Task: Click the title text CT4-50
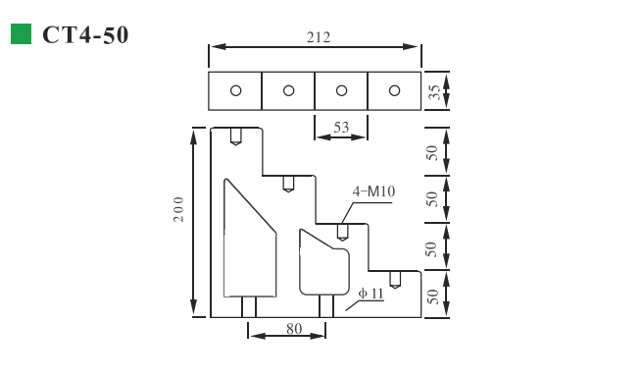coord(85,35)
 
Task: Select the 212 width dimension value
coord(318,38)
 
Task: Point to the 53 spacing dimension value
coord(341,127)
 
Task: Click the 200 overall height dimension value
coord(178,208)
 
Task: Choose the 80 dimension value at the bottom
coord(293,329)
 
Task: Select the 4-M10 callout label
coord(373,191)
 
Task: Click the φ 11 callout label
coord(371,294)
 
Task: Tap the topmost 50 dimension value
coord(432,151)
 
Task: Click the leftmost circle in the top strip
coord(235,91)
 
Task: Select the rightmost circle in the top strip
coord(394,91)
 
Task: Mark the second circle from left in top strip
coord(288,91)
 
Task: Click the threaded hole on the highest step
coord(235,136)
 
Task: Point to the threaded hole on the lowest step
coord(394,279)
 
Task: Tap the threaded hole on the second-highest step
coord(288,184)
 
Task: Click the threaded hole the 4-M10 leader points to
coord(342,232)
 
